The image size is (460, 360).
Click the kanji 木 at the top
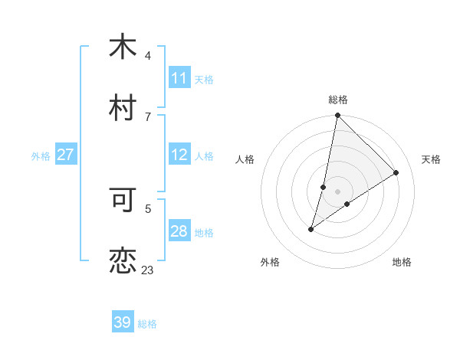coord(122,47)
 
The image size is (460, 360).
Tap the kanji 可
coord(122,200)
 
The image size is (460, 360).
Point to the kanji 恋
coord(122,261)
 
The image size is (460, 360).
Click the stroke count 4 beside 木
coord(148,56)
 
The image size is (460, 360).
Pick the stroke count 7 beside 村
coord(148,116)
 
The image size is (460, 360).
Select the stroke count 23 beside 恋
coord(147,270)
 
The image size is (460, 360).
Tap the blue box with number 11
coord(179,78)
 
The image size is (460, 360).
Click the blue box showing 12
coord(179,155)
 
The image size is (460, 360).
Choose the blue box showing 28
coord(179,231)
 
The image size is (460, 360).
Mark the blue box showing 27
coord(66,155)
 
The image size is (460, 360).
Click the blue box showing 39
coord(123,322)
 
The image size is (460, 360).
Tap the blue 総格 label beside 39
coord(147,324)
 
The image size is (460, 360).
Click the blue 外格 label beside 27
coord(41,155)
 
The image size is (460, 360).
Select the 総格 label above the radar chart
coord(338,100)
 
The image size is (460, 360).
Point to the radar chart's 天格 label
coord(431,159)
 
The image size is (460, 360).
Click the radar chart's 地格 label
coord(402,262)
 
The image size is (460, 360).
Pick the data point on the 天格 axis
coord(396,172)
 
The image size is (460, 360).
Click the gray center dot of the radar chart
coord(338,191)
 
